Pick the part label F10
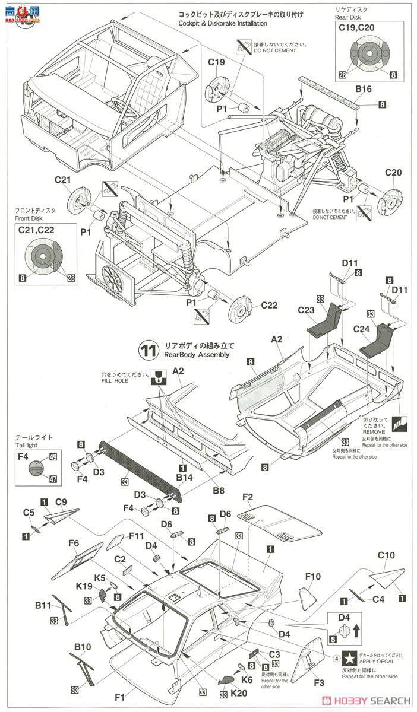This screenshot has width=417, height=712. coord(314,576)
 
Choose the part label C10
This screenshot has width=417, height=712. coord(386,556)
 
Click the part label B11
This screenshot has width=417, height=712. coord(43,606)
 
